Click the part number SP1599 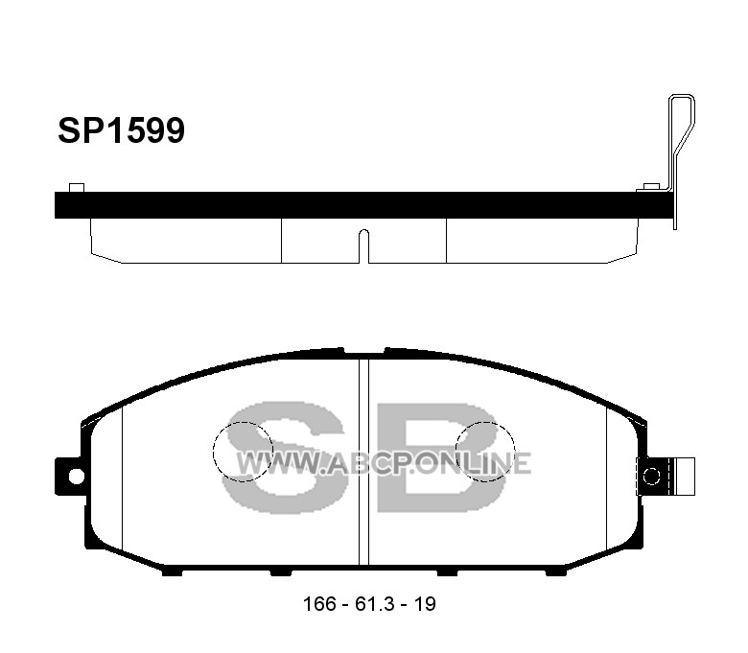pos(121,130)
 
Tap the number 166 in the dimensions pos(319,604)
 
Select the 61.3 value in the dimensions pos(374,604)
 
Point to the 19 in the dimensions pos(425,604)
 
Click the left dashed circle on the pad pos(213,452)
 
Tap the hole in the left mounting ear pos(77,476)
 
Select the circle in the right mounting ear pos(652,476)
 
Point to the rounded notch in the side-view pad pos(363,245)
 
